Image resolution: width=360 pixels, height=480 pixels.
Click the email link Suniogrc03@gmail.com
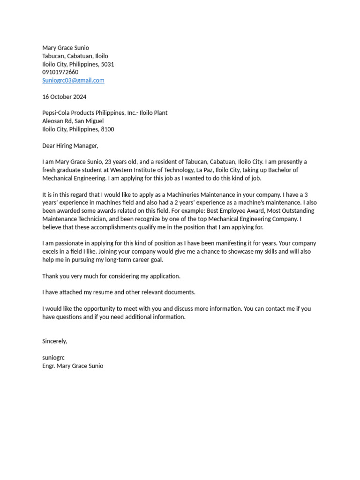73,80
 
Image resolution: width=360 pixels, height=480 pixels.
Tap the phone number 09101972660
60,72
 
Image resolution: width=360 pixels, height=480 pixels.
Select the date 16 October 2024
64,97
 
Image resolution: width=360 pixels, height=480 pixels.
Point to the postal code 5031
107,64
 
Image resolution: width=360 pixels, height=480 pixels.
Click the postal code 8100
107,129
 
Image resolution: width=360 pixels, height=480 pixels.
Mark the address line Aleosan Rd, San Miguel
73,121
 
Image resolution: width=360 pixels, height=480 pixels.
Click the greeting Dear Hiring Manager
70,146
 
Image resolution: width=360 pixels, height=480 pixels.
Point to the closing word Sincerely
54,341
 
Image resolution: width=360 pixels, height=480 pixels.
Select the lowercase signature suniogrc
53,358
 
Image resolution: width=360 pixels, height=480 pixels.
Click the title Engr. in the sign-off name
49,366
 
